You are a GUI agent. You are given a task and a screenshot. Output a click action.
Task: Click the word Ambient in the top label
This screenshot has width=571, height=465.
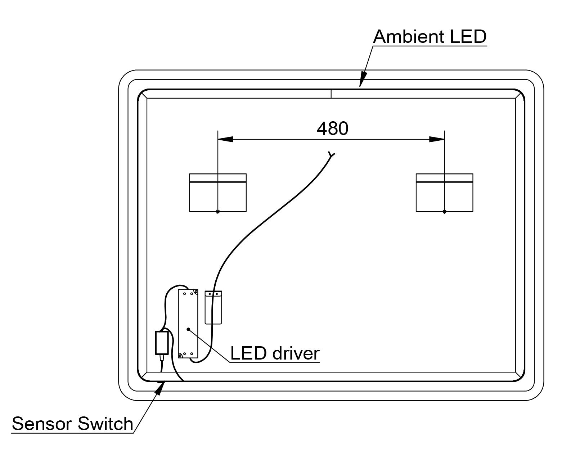[x=405, y=37]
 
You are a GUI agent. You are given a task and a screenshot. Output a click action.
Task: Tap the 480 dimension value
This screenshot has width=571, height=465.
[x=332, y=128]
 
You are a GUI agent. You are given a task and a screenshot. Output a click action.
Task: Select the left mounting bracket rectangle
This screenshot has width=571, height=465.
[x=218, y=193]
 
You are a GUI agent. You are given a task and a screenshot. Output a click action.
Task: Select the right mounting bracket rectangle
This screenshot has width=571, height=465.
[x=444, y=193]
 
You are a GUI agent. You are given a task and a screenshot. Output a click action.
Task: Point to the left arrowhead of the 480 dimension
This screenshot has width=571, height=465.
[x=225, y=139]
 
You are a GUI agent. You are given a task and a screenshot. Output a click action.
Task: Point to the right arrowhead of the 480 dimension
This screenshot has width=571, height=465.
[x=437, y=139]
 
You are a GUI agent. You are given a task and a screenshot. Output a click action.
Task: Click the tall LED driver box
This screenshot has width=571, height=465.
[x=188, y=324]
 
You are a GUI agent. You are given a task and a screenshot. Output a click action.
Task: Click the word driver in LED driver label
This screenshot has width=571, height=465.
[x=296, y=353]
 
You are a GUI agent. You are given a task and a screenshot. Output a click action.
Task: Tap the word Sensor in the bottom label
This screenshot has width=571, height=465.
[x=42, y=424]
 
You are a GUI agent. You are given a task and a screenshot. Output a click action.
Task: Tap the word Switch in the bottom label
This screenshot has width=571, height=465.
[x=105, y=424]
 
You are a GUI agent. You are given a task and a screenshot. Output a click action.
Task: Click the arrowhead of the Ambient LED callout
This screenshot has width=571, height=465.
[x=363, y=79]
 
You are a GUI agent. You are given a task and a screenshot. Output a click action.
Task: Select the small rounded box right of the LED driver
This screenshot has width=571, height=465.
[x=213, y=307]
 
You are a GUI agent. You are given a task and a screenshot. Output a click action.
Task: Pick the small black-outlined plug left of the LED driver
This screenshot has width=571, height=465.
[x=162, y=343]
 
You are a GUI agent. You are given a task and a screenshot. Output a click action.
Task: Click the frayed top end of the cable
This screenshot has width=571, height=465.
[x=331, y=155]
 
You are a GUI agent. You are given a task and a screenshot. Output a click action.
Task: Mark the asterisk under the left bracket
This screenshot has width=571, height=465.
[x=218, y=212]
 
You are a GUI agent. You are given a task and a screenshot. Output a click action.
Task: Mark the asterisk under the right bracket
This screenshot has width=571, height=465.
[x=444, y=212]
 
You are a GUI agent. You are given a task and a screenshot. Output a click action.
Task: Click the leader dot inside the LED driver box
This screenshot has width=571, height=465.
[x=188, y=329]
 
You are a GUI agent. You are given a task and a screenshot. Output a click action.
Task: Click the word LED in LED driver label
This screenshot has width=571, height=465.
[x=248, y=353]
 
